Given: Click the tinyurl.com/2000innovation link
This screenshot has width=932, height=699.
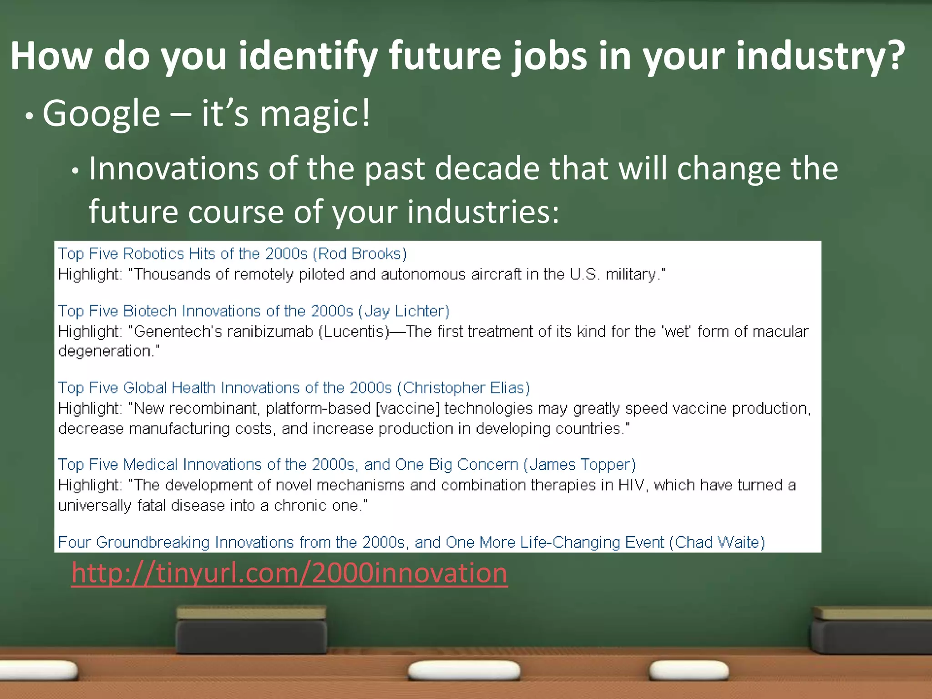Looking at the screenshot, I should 289,573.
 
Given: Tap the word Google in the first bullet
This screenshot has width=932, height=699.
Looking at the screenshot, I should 101,114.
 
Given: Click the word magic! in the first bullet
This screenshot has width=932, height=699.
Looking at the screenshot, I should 315,114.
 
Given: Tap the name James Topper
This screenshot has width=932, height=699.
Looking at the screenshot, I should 579,465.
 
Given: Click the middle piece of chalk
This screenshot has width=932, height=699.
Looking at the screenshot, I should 464,670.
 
